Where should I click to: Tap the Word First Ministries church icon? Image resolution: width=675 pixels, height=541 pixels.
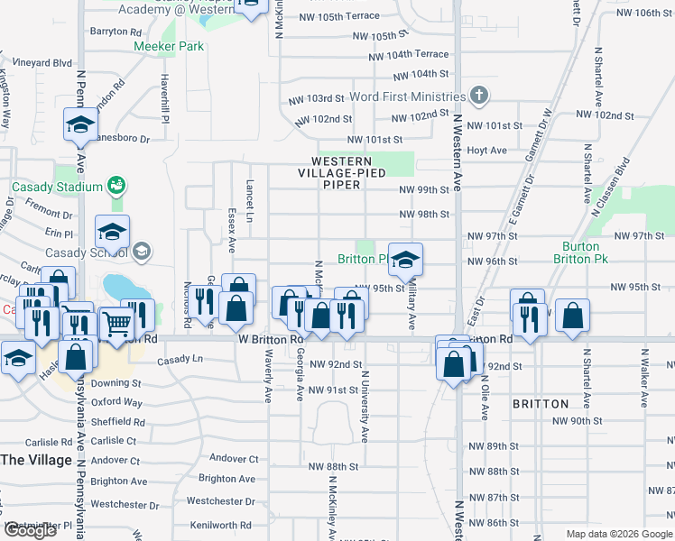click(x=479, y=96)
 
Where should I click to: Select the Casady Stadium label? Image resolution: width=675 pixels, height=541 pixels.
click(x=58, y=187)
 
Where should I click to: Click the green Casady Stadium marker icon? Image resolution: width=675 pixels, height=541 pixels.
click(x=116, y=187)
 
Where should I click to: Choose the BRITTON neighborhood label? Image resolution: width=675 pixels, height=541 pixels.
click(x=541, y=404)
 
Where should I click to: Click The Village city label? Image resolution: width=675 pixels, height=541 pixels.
click(x=36, y=460)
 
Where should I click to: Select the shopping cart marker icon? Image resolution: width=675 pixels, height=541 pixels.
click(x=116, y=323)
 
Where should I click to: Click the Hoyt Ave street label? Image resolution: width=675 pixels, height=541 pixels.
click(x=486, y=151)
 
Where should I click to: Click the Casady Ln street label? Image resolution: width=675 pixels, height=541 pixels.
click(x=181, y=360)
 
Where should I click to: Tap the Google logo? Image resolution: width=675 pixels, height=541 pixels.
click(x=30, y=530)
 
